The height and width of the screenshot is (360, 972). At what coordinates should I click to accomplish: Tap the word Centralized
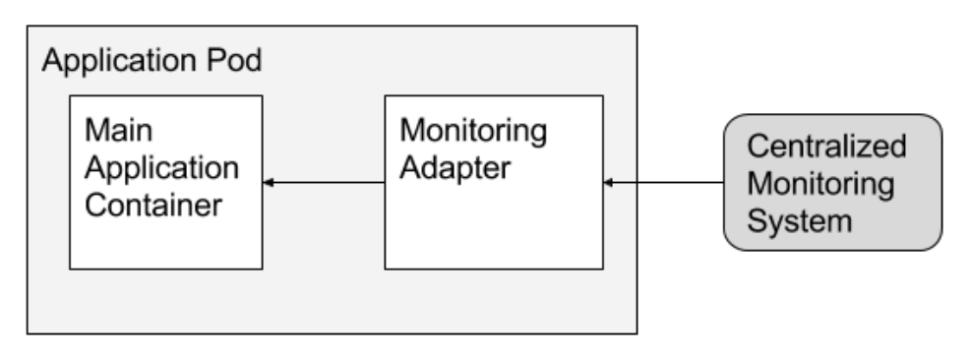(x=825, y=148)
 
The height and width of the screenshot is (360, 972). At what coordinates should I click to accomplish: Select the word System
(x=798, y=222)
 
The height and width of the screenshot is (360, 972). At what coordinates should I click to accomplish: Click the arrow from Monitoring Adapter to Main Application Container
(x=325, y=182)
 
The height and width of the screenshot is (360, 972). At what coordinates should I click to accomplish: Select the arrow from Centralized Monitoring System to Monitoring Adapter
(x=664, y=182)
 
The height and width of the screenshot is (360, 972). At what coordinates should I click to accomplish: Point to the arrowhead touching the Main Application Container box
(x=269, y=182)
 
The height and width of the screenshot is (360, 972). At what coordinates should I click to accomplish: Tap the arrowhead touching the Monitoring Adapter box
(x=609, y=182)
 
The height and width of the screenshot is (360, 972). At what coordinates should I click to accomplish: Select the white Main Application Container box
(x=165, y=241)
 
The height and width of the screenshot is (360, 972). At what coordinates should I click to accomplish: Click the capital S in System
(x=758, y=222)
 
